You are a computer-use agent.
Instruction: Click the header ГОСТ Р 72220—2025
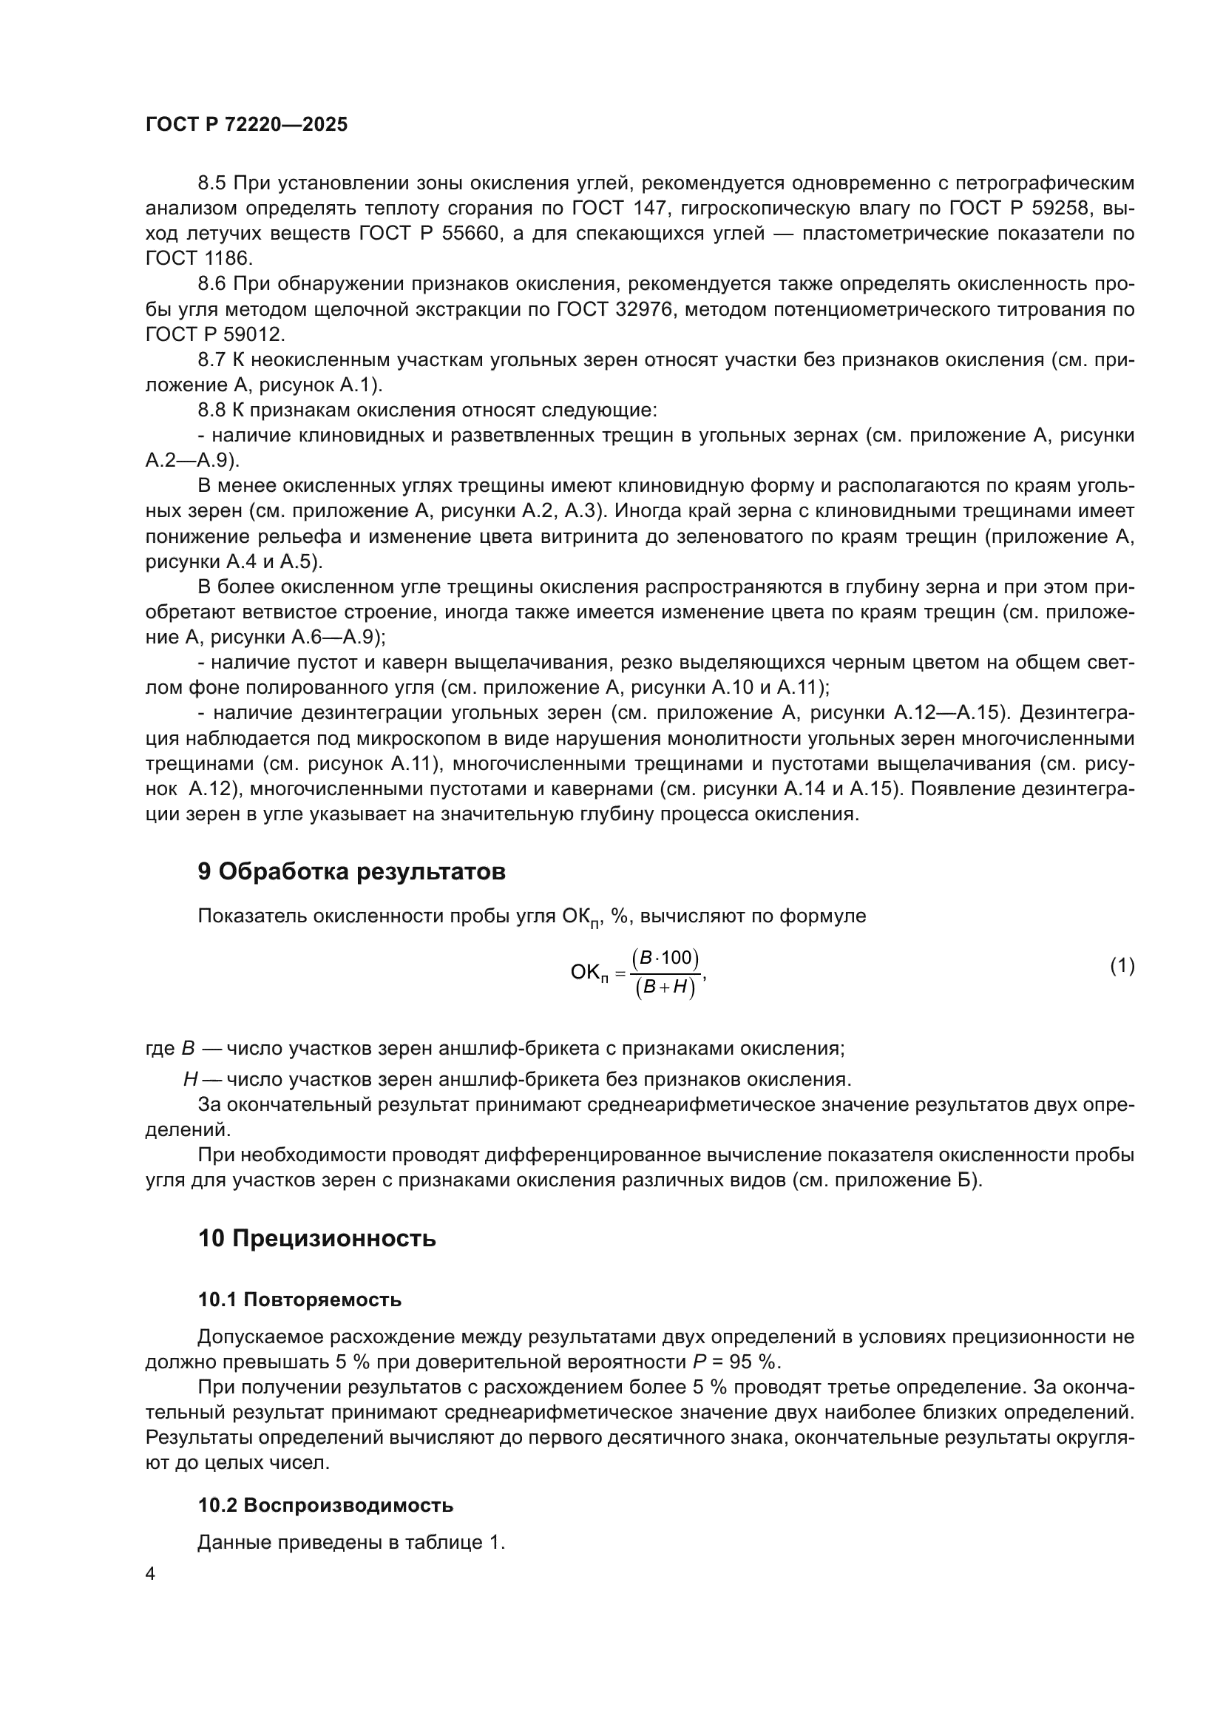246,125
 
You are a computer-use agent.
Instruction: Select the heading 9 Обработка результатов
351,872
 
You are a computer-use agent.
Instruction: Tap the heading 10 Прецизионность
316,1238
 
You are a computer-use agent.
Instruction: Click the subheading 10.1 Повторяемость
299,1300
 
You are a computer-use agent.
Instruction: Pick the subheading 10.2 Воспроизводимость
325,1505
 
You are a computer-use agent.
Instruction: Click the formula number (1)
1122,966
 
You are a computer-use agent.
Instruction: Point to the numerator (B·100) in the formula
665,958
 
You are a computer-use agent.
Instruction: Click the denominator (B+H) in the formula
665,988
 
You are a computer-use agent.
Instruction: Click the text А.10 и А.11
768,687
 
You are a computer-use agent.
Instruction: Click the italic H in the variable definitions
190,1080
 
